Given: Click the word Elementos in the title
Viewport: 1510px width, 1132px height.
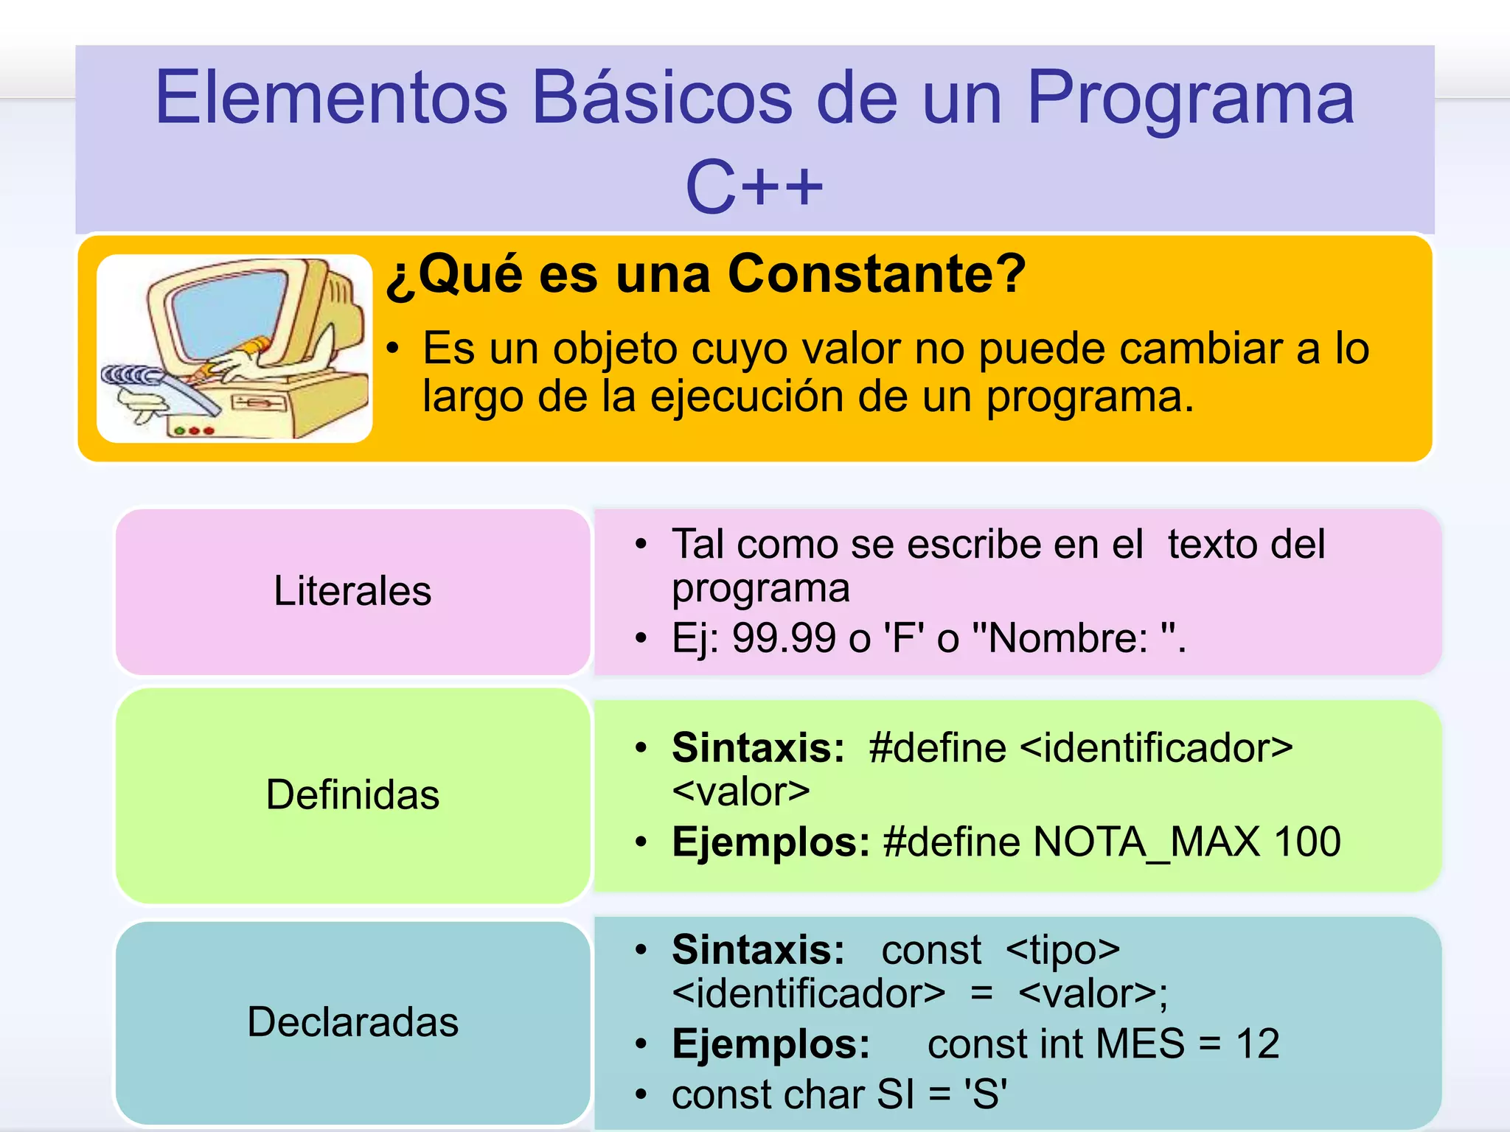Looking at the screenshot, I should point(331,98).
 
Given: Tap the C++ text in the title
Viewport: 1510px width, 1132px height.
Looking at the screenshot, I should point(754,187).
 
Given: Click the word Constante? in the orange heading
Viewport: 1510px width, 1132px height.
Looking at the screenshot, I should point(877,274).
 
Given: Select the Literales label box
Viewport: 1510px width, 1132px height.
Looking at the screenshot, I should point(352,591).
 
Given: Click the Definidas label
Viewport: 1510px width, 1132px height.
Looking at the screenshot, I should point(352,795).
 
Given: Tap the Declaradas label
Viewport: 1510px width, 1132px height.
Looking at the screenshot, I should point(352,1022).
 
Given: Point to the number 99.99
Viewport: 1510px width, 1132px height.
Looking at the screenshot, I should point(783,638).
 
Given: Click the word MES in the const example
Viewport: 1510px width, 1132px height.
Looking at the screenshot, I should point(1140,1044).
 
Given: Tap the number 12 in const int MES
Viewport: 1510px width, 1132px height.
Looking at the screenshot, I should point(1257,1044).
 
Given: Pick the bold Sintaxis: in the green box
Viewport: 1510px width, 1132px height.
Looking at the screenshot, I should point(758,748).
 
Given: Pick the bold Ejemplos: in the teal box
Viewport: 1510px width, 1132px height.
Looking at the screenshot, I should point(770,1044).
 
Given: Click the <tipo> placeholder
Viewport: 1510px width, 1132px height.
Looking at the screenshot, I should point(1062,950).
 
